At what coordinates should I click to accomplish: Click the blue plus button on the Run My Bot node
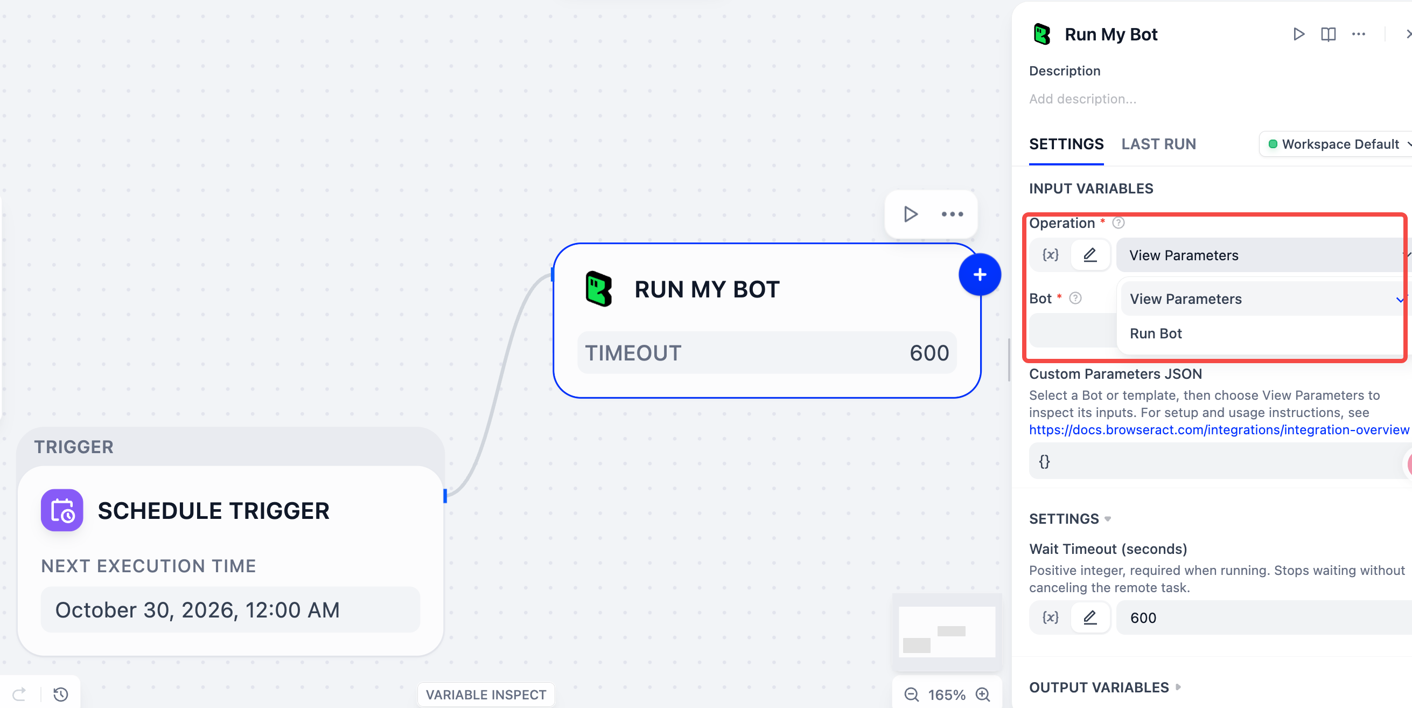(x=980, y=274)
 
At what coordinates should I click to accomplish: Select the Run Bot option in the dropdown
(x=1156, y=334)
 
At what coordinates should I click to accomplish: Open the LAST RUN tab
(x=1158, y=144)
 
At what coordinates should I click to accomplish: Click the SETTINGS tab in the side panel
(x=1066, y=144)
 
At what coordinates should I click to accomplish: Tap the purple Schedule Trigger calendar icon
(x=62, y=510)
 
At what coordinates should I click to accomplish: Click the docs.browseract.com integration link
(x=1219, y=429)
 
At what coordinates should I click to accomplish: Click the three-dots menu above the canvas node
(x=952, y=214)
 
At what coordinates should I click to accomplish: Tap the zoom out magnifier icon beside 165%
(x=912, y=695)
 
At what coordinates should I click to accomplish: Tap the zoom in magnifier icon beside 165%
(x=983, y=695)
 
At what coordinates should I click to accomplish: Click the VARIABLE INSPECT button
(x=486, y=695)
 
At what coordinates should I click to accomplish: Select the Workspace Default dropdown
(x=1338, y=144)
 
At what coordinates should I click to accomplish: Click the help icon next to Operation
(x=1118, y=223)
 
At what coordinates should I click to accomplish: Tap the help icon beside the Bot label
(x=1075, y=298)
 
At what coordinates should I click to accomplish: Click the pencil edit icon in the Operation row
(x=1091, y=255)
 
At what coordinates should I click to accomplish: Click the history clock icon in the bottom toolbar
(x=61, y=695)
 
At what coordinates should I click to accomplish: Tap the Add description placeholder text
(x=1082, y=99)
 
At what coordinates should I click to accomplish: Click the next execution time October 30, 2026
(x=197, y=610)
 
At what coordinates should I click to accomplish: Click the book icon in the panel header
(x=1328, y=34)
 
